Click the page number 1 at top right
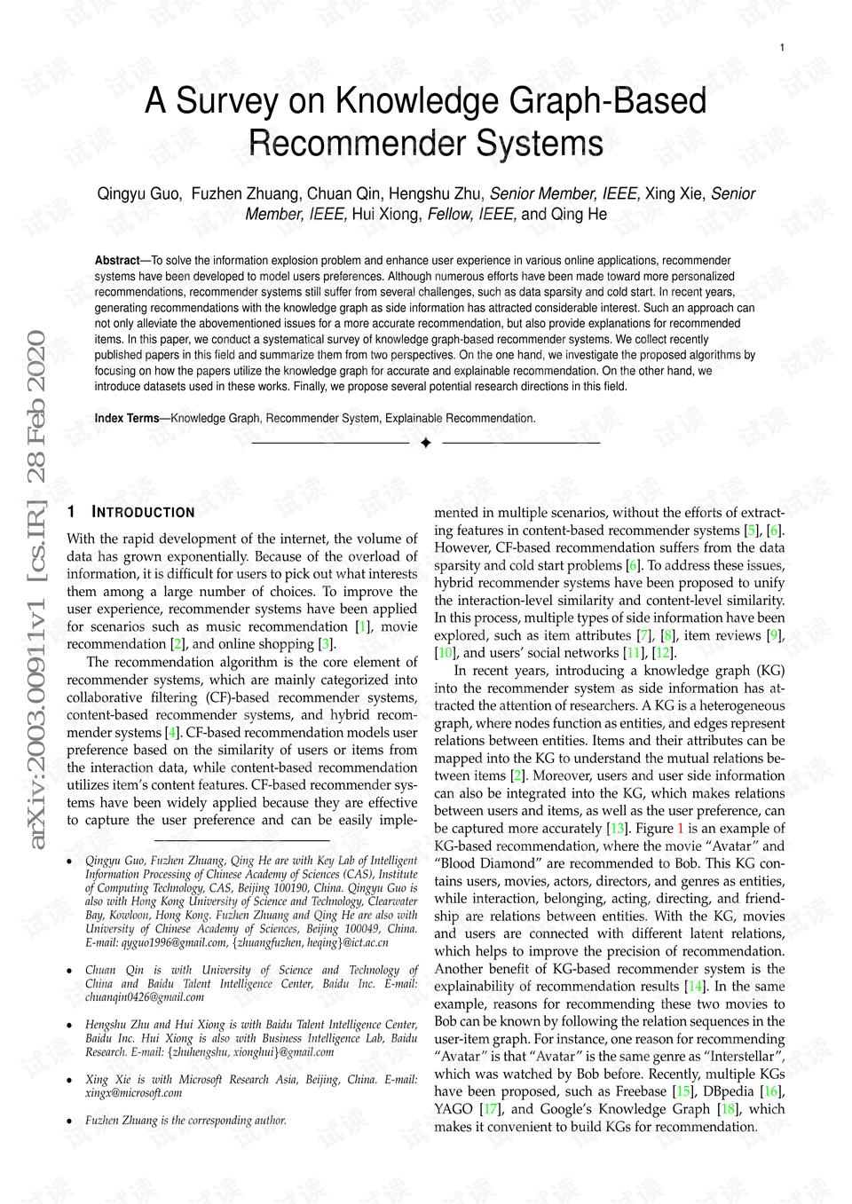(782, 48)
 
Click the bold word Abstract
(117, 261)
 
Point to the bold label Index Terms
(127, 418)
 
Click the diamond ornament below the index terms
(425, 442)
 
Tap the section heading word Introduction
(144, 512)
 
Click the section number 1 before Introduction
(71, 512)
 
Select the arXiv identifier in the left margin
(37, 590)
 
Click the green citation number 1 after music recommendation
(363, 626)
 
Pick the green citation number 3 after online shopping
(327, 644)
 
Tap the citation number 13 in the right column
(617, 829)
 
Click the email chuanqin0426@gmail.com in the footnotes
(145, 996)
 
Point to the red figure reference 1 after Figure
(681, 829)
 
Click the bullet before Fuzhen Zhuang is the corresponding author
(70, 1121)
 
